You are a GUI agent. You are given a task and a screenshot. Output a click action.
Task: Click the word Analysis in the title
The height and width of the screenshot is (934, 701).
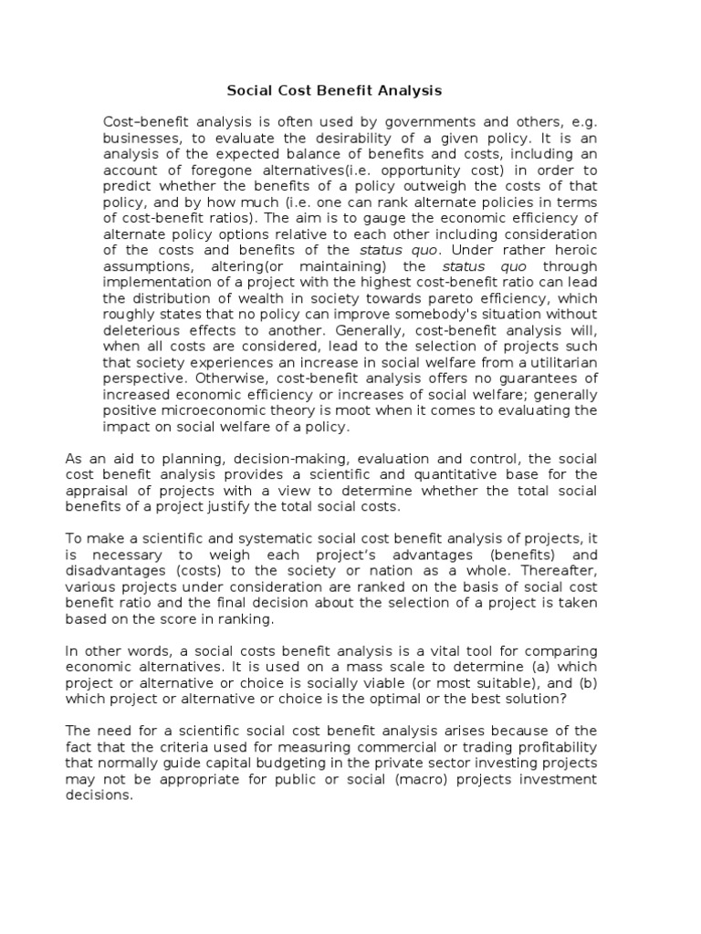412,90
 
